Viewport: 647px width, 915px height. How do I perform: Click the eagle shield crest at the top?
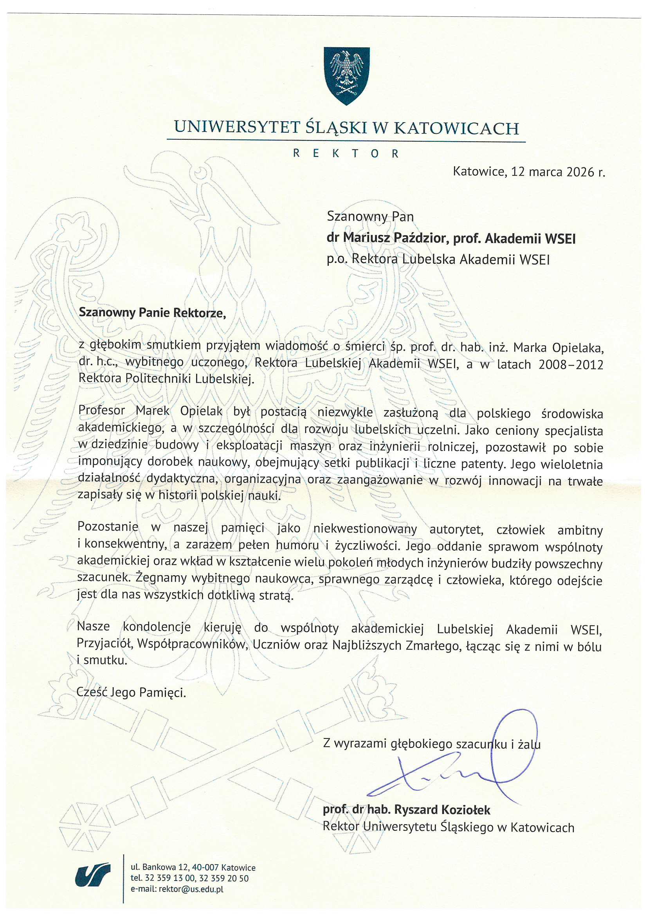346,75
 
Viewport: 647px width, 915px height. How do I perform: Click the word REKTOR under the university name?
346,154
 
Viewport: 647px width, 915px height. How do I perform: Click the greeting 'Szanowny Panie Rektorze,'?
152,312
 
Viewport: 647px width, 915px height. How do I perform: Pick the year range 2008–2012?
570,365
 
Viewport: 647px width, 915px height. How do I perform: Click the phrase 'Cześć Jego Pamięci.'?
131,693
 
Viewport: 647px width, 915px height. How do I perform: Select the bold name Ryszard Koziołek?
442,810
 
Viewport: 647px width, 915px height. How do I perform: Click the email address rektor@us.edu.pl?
191,889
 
